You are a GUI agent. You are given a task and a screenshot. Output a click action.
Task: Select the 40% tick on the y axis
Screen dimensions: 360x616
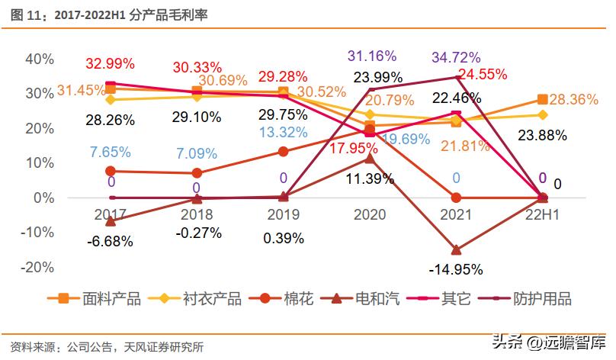coord(40,59)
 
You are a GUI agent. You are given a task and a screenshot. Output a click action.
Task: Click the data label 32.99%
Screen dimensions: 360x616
coord(110,63)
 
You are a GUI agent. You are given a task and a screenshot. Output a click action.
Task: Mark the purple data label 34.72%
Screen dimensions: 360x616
coord(456,57)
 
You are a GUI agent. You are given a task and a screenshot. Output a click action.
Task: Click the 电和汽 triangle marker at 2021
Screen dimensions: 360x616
coord(456,249)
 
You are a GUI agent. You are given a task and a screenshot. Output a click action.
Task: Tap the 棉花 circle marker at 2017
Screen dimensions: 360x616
coord(111,171)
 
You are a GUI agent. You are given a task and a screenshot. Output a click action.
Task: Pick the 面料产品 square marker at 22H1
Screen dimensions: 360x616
coord(542,99)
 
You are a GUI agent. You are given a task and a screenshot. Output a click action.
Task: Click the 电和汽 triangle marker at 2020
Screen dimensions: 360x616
coord(370,158)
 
